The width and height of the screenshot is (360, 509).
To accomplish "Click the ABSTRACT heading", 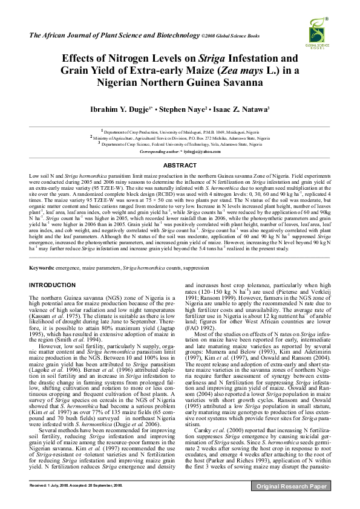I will [x=180, y=165].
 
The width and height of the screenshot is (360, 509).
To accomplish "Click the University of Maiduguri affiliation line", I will [x=181, y=131].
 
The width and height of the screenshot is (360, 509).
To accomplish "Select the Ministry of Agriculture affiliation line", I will [x=181, y=138].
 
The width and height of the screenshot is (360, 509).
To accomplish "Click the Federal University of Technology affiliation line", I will [x=181, y=144].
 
